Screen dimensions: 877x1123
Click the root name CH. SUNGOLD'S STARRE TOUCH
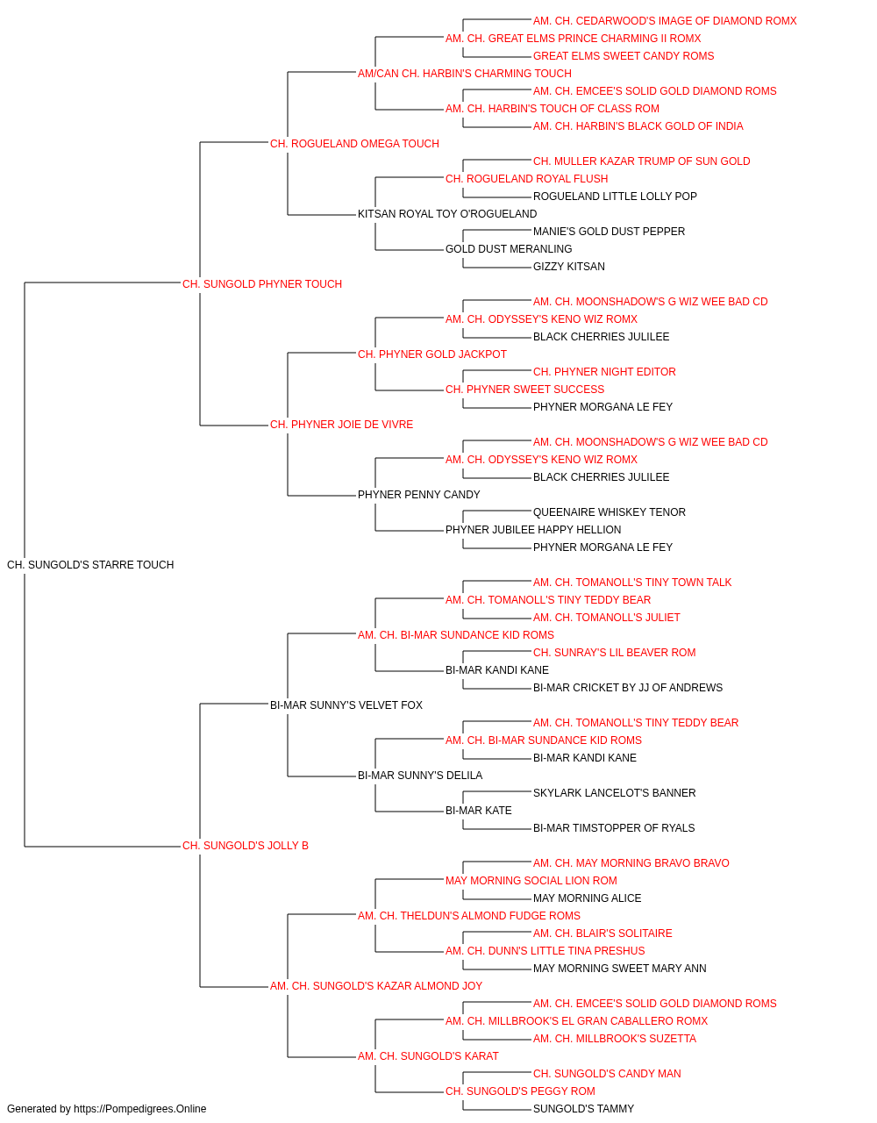(x=90, y=565)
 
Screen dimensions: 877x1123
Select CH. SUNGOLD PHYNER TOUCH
(x=262, y=284)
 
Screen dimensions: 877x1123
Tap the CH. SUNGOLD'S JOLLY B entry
(x=246, y=846)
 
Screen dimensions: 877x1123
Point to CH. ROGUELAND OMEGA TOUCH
(x=354, y=144)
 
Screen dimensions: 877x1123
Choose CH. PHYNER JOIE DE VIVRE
(x=341, y=425)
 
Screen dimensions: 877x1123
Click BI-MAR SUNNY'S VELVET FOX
(x=346, y=705)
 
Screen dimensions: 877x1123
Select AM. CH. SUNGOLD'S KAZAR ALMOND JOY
(x=376, y=986)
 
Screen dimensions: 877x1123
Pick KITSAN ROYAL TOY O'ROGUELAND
(x=447, y=214)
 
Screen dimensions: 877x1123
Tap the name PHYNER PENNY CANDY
(x=419, y=495)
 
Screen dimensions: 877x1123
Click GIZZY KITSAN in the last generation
(x=568, y=267)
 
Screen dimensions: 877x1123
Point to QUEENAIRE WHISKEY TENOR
(x=610, y=512)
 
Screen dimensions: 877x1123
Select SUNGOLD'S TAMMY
(x=583, y=1109)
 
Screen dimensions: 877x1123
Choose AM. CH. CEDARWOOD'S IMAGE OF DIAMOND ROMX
(x=665, y=21)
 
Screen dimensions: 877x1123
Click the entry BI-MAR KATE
(x=478, y=811)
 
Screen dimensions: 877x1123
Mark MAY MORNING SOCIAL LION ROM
(x=531, y=881)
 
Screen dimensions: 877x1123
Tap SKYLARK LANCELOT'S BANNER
(x=614, y=793)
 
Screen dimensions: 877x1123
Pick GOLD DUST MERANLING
(x=509, y=249)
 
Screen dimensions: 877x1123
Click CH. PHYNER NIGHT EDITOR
(x=604, y=372)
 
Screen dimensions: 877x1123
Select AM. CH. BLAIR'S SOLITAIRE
(x=602, y=933)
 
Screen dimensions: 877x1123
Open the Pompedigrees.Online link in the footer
(x=140, y=1109)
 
